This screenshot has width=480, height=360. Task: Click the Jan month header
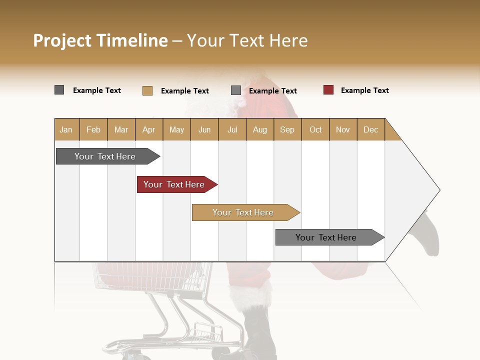[x=66, y=129]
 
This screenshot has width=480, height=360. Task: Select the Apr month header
[x=149, y=129]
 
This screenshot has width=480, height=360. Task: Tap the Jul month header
[x=232, y=129]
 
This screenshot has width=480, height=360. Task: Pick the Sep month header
[x=287, y=129]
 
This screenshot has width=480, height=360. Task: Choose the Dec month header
[x=370, y=129]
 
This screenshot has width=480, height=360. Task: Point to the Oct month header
[x=315, y=129]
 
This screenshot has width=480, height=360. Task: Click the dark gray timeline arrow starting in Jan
[x=105, y=156]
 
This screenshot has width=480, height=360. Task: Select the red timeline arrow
[x=174, y=184]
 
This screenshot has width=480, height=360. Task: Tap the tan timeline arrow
[x=243, y=212]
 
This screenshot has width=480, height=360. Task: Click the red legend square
[x=328, y=90]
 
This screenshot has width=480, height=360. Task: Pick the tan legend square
[x=147, y=90]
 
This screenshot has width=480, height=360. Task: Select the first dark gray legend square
[x=59, y=90]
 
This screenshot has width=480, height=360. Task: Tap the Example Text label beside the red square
[x=364, y=90]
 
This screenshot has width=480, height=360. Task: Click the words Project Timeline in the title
[x=100, y=40]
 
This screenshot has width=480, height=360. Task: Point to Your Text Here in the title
[x=247, y=40]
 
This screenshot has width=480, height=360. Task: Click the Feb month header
[x=93, y=129]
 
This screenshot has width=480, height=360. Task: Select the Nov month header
[x=342, y=129]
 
